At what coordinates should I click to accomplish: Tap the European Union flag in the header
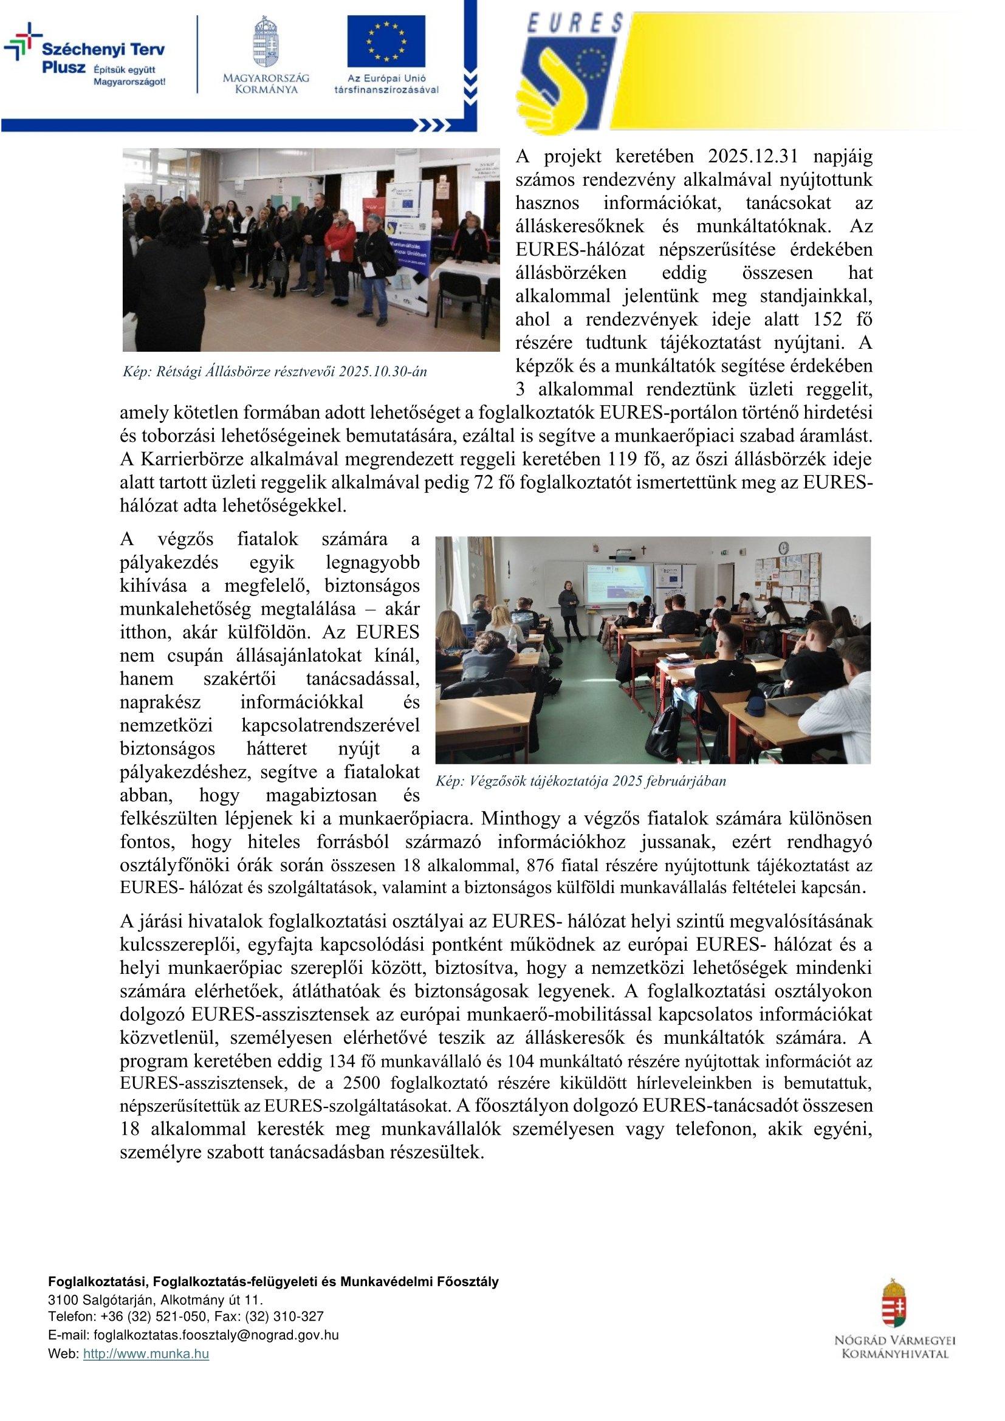(386, 41)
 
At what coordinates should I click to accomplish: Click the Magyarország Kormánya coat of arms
(267, 42)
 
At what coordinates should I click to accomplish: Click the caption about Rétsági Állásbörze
(276, 371)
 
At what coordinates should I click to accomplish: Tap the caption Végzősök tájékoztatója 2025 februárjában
(581, 781)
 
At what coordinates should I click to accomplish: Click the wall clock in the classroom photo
(783, 549)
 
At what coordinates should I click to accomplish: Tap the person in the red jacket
(340, 247)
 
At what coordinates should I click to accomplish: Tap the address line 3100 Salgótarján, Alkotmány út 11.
(156, 1318)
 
